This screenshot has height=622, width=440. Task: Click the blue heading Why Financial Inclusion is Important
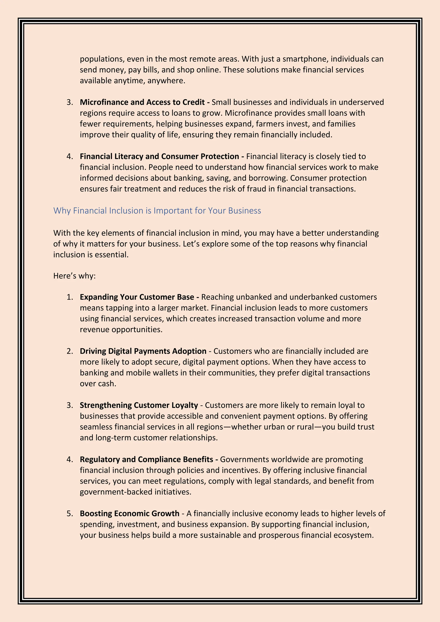(x=157, y=210)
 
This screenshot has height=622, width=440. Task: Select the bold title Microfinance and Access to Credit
(x=142, y=102)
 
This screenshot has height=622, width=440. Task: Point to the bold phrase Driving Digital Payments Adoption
(x=143, y=351)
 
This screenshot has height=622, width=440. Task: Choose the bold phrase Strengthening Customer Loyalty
(x=139, y=405)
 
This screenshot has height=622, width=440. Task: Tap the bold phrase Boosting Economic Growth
(x=130, y=513)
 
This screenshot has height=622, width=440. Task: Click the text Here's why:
(x=75, y=276)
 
